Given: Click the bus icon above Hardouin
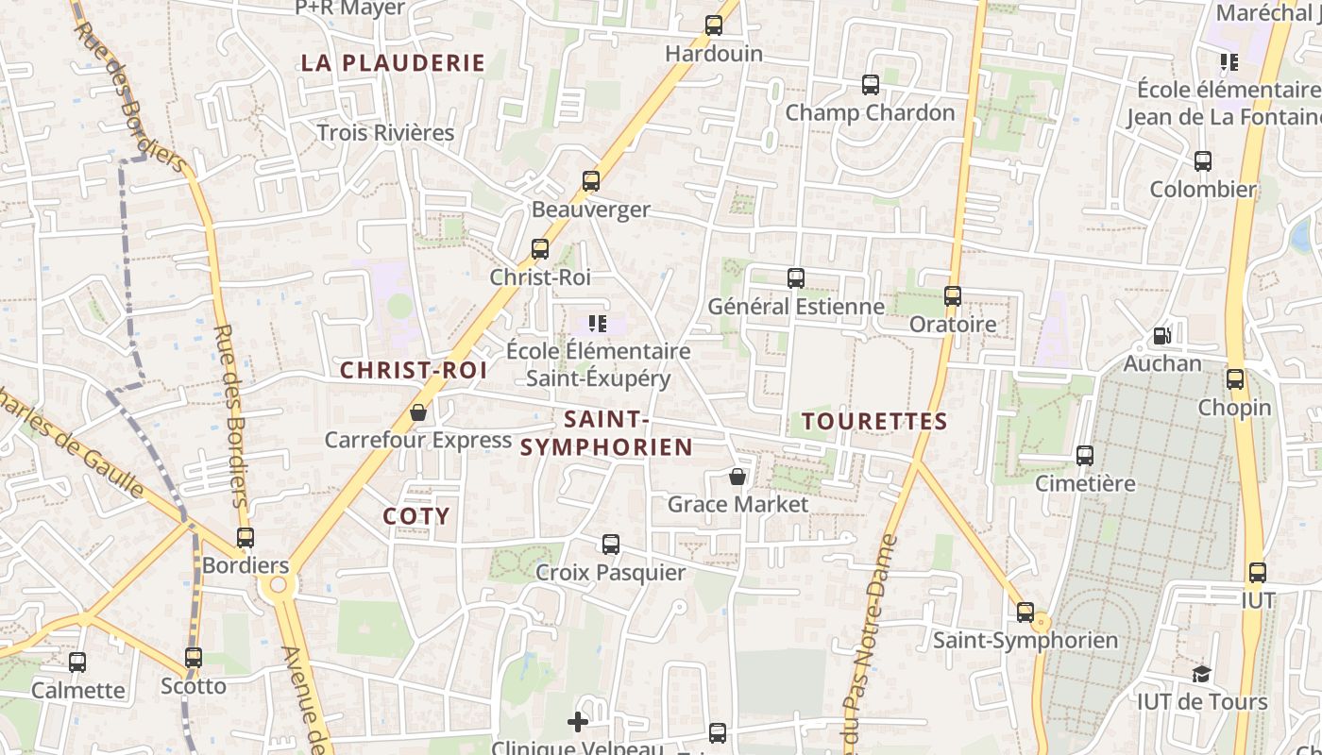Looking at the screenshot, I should (x=714, y=25).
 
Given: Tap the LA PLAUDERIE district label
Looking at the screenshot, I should (x=393, y=63).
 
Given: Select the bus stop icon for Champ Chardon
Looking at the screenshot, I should (x=871, y=85).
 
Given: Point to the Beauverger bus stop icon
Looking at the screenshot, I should (x=591, y=181).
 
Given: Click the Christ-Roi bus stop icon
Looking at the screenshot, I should (x=540, y=249).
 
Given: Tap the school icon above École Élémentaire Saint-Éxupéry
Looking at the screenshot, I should (x=597, y=324).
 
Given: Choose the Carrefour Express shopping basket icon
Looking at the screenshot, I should (x=418, y=413).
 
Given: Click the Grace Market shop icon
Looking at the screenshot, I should (x=737, y=478).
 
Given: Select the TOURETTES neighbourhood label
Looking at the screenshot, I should (x=874, y=421).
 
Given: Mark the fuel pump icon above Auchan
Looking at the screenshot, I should (x=1161, y=336).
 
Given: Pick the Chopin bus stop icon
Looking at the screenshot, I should (x=1235, y=380).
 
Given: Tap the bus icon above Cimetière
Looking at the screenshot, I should (x=1085, y=456).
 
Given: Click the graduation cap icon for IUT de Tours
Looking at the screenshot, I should (x=1201, y=674).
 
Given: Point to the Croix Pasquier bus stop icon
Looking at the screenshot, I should (x=611, y=545).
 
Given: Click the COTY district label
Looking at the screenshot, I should (x=416, y=516).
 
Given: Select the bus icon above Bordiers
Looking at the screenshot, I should (x=246, y=538).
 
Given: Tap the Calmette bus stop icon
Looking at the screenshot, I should (x=77, y=663).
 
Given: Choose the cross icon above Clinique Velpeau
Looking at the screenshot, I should (x=578, y=722).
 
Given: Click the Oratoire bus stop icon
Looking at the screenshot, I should (x=953, y=296).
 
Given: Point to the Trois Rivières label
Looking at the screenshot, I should (x=385, y=133).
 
